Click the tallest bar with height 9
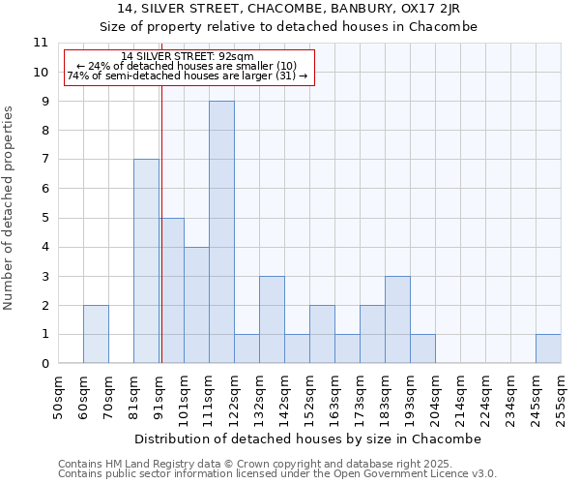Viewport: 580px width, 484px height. pos(221,232)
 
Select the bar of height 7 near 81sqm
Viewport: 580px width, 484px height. pos(146,261)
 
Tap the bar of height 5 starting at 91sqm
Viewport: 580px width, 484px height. pos(171,290)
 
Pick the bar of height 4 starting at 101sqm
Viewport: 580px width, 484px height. pos(196,305)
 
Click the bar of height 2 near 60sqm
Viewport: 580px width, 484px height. pos(96,334)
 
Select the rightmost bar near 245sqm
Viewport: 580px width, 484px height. pos(548,348)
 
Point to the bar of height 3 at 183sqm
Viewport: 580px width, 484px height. pos(397,319)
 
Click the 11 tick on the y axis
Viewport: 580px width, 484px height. pos(40,43)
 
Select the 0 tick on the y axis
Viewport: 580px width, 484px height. pos(43,364)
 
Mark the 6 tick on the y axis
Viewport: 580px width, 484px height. pos(43,189)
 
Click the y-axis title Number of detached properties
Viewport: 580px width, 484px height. pos(10,208)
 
